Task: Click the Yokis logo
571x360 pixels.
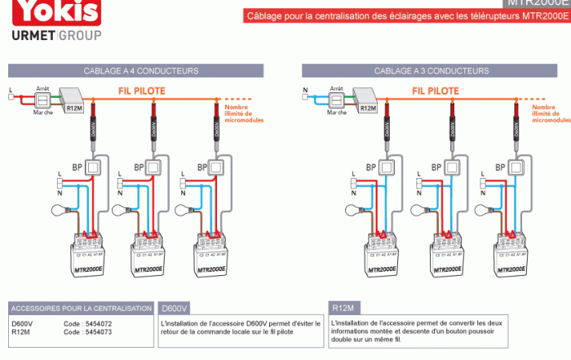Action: (x=51, y=11)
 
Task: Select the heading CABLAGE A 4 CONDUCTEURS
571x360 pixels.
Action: (x=140, y=71)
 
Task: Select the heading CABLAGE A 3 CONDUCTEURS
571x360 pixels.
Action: (x=432, y=71)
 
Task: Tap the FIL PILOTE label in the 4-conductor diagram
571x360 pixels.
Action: (x=141, y=91)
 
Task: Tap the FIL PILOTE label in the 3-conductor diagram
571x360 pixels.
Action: (x=434, y=91)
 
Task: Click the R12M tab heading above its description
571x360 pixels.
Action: (x=343, y=309)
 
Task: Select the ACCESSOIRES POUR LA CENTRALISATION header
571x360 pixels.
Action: (x=82, y=309)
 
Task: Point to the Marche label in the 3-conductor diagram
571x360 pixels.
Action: (x=336, y=113)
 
